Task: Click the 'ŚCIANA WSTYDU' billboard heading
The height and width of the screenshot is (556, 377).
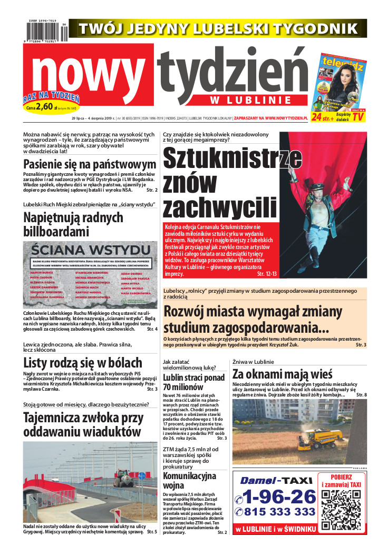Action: pyautogui.click(x=90, y=249)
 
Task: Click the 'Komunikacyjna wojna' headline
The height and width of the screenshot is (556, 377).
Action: pyautogui.click(x=189, y=481)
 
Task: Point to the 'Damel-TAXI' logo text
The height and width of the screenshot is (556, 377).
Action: pyautogui.click(x=275, y=480)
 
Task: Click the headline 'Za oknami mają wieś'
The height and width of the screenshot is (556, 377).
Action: pyautogui.click(x=282, y=374)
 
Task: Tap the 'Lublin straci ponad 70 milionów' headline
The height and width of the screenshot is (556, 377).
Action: pyautogui.click(x=194, y=383)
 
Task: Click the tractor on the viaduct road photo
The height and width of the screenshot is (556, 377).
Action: pyautogui.click(x=121, y=476)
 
